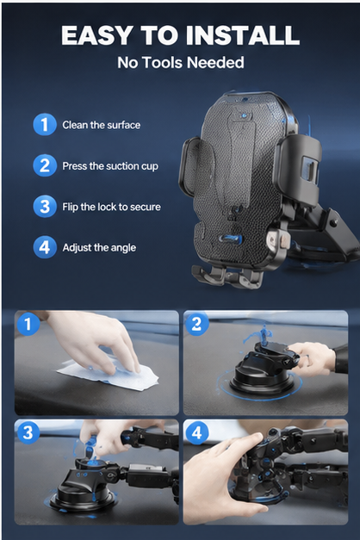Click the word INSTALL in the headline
(x=243, y=35)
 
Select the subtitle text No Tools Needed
(x=181, y=63)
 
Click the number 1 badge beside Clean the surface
(x=45, y=124)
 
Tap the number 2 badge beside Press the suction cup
(x=45, y=165)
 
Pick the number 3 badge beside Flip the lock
(x=45, y=207)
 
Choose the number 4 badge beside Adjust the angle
(x=45, y=247)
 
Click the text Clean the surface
(x=102, y=125)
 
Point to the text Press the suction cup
(x=110, y=166)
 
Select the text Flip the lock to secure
(x=111, y=207)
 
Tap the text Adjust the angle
(x=99, y=248)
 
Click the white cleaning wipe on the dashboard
(x=109, y=375)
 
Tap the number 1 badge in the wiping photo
(x=28, y=324)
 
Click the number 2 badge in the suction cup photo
(x=196, y=324)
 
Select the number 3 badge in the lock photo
(x=28, y=432)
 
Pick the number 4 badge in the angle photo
(x=196, y=432)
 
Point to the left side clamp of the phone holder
(x=189, y=167)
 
